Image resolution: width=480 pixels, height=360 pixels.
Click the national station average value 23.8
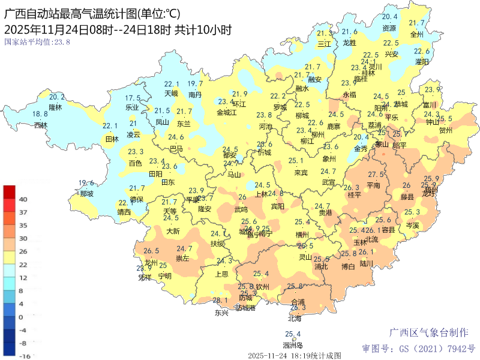[37, 42]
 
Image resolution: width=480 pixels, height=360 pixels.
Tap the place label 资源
[389, 28]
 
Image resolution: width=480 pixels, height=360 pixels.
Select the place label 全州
[417, 34]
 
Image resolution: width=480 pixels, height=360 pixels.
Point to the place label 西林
[40, 125]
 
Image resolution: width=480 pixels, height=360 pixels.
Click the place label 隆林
[55, 107]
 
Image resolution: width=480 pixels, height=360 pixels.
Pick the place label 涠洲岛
[293, 345]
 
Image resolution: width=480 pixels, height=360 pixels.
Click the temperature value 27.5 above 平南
[376, 175]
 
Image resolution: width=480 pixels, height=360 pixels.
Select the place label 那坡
[86, 194]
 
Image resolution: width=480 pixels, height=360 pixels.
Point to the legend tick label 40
[23, 199]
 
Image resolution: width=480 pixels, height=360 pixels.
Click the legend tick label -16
[23, 356]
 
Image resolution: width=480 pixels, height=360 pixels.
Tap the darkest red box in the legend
[10, 192]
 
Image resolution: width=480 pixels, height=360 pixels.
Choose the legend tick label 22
[23, 265]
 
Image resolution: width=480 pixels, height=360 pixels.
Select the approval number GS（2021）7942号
[418, 348]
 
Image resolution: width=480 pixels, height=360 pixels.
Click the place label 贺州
[445, 130]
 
